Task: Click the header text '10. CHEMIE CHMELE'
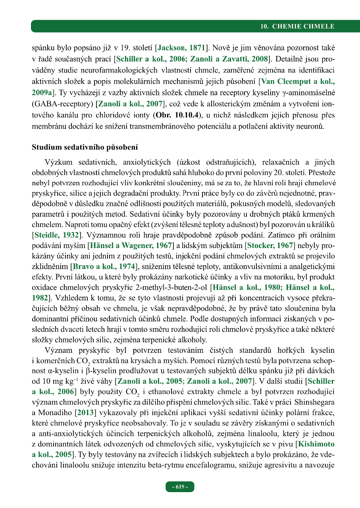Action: pyautogui.click(x=297, y=27)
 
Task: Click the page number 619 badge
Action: pyautogui.click(x=180, y=487)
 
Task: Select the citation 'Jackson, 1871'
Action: pyautogui.click(x=181, y=48)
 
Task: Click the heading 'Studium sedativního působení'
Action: pyautogui.click(x=85, y=147)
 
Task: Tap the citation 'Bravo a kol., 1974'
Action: pyautogui.click(x=104, y=265)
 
